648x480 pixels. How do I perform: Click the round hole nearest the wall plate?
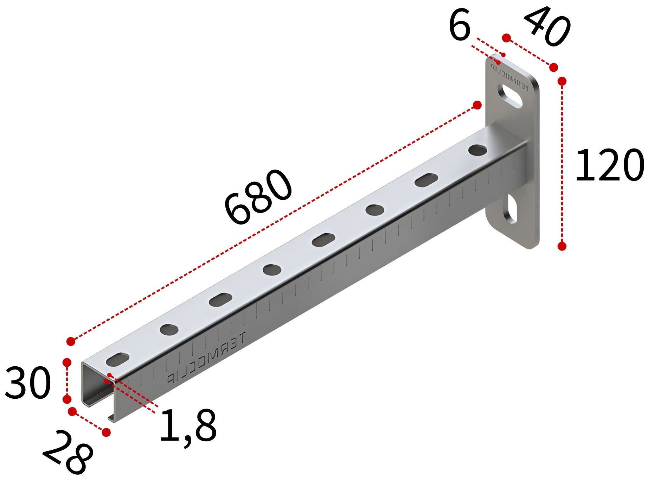478,150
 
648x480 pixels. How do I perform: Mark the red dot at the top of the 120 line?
562,82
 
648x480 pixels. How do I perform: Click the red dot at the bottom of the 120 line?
562,246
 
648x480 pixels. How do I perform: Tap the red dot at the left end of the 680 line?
71,341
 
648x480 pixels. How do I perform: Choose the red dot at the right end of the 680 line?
477,105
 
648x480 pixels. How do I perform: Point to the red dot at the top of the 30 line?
67,363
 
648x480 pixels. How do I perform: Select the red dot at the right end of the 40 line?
553,67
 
